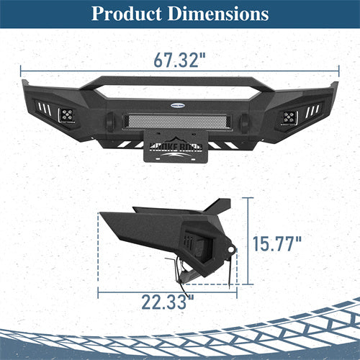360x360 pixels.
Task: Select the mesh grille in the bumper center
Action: coord(180,120)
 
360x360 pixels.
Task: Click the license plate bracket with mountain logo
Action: coord(179,148)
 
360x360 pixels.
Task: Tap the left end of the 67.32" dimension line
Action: coord(21,71)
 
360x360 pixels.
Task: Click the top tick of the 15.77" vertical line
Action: coord(249,197)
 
